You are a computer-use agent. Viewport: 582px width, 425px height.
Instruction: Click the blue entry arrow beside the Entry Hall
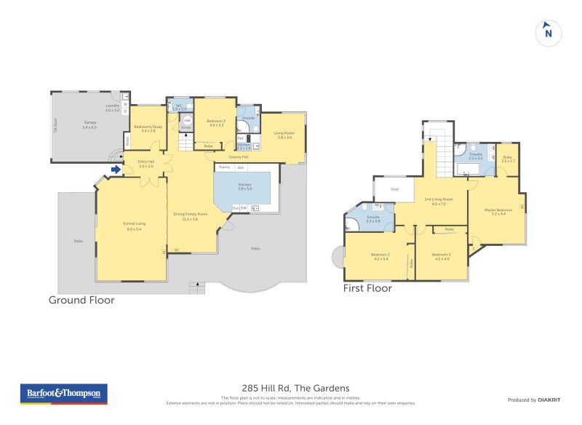115,170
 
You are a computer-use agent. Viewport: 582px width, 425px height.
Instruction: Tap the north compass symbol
548,32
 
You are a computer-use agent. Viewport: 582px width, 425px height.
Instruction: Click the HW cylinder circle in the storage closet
187,122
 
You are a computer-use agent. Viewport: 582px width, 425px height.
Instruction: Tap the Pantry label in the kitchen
224,167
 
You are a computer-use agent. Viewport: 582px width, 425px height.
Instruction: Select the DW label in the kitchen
244,208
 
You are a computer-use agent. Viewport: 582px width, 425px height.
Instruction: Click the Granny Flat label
239,156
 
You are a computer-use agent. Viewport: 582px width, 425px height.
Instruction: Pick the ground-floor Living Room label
283,135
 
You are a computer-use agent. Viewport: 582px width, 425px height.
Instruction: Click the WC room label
179,107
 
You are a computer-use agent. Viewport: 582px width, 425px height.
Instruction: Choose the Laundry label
112,107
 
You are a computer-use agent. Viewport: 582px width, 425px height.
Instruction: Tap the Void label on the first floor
394,189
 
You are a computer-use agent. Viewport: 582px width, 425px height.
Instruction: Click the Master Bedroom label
499,212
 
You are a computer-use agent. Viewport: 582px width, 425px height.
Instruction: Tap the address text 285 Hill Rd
295,388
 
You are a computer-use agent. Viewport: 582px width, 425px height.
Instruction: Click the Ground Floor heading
81,300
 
